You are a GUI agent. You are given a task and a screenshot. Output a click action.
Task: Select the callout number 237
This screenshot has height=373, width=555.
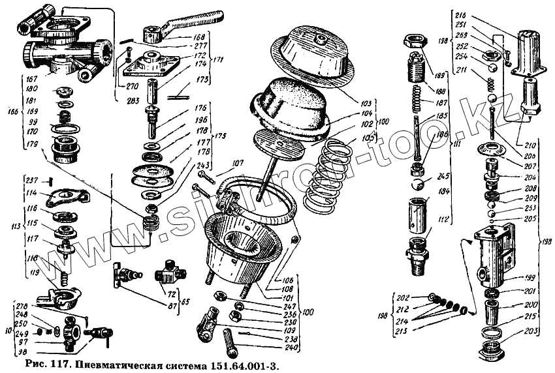pyautogui.click(x=31, y=181)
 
